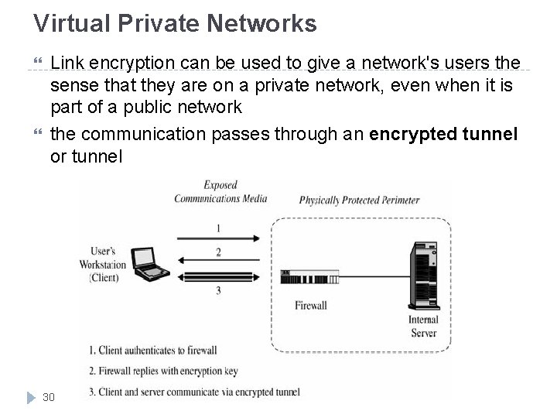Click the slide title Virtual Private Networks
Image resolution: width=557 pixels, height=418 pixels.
(175, 23)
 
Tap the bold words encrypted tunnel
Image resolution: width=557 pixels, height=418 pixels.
(444, 134)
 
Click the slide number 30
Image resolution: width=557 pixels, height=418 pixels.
(49, 396)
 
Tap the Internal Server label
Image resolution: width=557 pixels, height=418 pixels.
(422, 326)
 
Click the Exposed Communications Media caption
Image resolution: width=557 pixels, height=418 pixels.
(220, 192)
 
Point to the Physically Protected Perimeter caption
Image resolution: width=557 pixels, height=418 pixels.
(359, 200)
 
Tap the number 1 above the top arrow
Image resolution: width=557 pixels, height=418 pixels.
(218, 228)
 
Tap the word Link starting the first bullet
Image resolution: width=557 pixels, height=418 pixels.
(66, 63)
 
